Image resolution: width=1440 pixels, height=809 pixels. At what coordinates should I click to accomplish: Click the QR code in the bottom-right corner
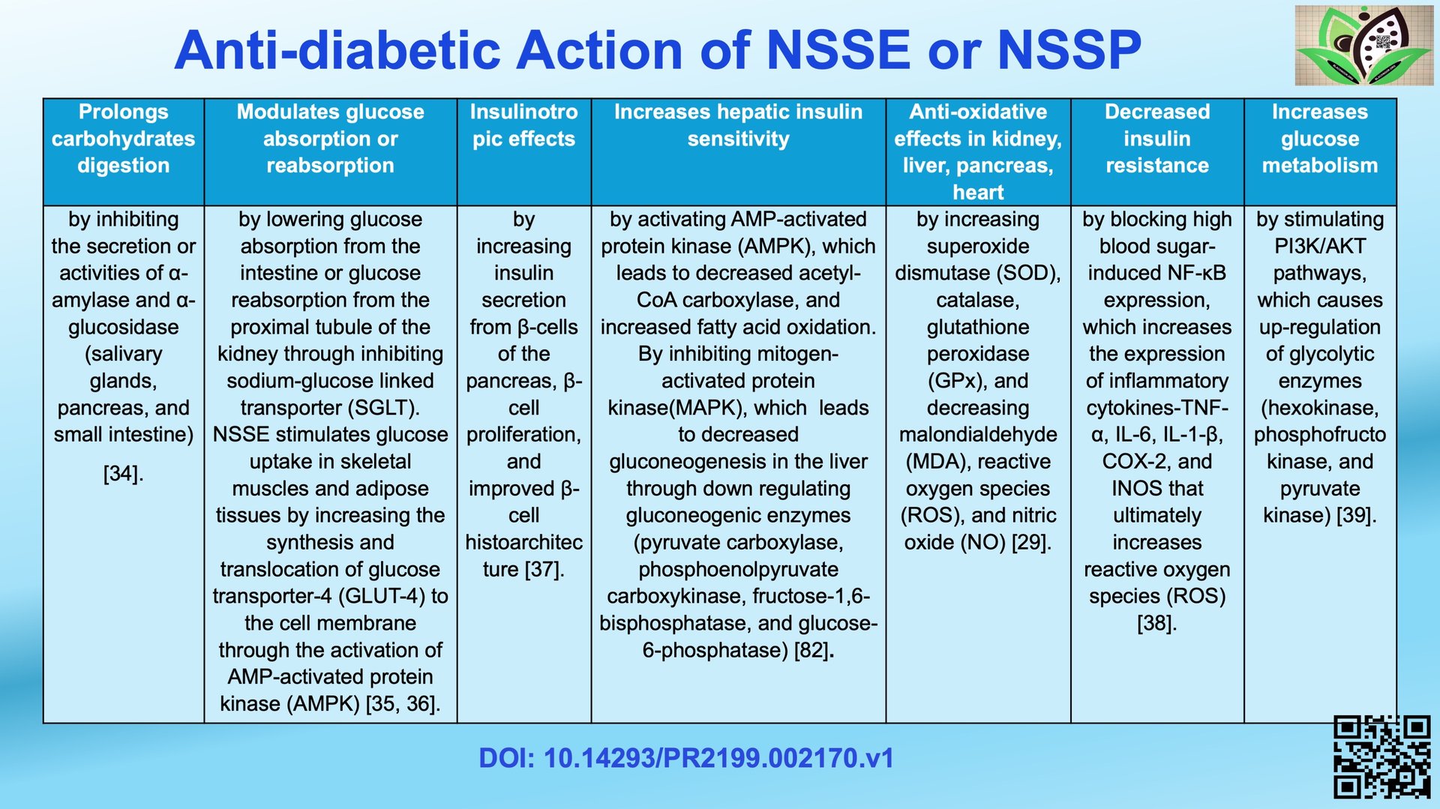pos(1381,757)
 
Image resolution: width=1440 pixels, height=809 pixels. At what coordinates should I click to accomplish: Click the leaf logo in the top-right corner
pos(1363,45)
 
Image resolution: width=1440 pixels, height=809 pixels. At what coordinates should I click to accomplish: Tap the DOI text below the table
pos(686,758)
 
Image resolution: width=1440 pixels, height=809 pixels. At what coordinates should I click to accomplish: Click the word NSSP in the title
pos(1069,50)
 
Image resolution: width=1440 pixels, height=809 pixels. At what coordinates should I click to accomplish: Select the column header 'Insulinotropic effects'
pos(523,125)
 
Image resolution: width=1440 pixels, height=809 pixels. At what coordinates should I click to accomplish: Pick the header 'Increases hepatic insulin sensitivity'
pos(738,125)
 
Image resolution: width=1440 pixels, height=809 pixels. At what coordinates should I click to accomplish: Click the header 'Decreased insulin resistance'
pos(1157,139)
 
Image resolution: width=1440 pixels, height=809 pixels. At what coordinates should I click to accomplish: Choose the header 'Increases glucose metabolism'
pos(1320,139)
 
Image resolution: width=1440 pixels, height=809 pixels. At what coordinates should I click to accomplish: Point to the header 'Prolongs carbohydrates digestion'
pos(124,139)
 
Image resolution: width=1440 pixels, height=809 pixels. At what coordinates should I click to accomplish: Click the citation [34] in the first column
pos(124,474)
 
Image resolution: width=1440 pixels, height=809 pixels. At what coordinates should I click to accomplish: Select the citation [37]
pos(544,569)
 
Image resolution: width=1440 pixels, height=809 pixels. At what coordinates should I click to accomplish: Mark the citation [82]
pos(814,650)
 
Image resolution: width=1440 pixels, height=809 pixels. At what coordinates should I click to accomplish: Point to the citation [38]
pos(1157,623)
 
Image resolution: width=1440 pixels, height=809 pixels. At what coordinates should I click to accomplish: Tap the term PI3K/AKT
pos(1320,246)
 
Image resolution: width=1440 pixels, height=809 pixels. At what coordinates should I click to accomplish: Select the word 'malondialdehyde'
pos(978,435)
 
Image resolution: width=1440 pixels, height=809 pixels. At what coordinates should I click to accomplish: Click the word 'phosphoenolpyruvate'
pos(738,570)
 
